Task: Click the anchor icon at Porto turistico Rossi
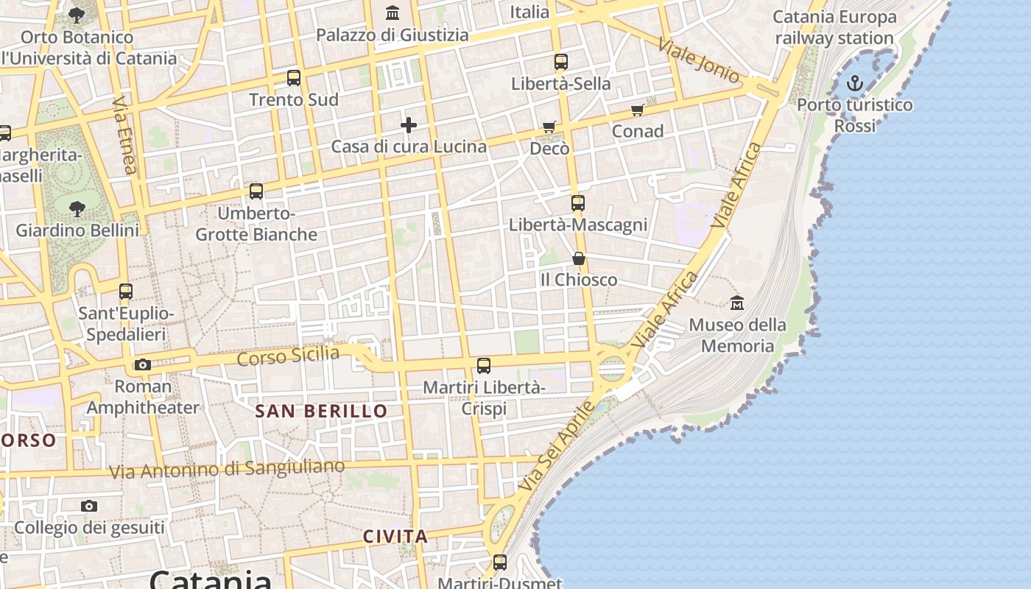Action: [x=854, y=83]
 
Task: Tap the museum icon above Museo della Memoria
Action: [x=736, y=303]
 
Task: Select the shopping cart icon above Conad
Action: [x=637, y=110]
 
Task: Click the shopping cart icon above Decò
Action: [x=549, y=127]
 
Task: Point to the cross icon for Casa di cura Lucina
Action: [x=409, y=125]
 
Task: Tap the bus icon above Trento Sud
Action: [x=294, y=78]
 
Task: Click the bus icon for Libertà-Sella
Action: [x=561, y=62]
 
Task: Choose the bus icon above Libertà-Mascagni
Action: [x=578, y=203]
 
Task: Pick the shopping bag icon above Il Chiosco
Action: [x=579, y=258]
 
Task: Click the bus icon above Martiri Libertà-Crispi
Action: [x=484, y=366]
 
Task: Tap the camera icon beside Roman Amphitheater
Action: [x=143, y=364]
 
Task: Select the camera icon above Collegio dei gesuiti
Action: [x=89, y=506]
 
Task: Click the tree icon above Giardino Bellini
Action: [x=77, y=209]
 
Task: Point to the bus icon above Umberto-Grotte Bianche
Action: [x=256, y=191]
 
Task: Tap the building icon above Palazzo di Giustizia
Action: [x=393, y=13]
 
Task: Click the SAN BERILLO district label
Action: [x=321, y=412]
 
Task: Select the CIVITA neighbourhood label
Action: [x=395, y=536]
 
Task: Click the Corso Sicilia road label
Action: [x=288, y=356]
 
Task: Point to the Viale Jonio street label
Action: [x=699, y=60]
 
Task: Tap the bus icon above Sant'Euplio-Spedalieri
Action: [x=126, y=292]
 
